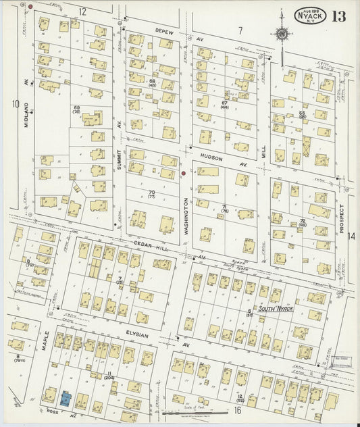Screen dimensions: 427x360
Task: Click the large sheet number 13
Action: click(x=338, y=16)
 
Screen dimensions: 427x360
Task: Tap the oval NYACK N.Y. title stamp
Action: click(x=311, y=15)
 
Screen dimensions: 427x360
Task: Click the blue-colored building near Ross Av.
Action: click(x=66, y=399)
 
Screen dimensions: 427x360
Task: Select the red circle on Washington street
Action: click(x=183, y=174)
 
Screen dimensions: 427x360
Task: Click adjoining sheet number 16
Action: click(x=237, y=410)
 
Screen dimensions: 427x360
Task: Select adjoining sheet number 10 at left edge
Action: click(x=15, y=103)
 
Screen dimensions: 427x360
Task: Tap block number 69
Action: click(x=76, y=108)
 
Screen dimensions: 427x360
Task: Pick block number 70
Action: click(x=151, y=192)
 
